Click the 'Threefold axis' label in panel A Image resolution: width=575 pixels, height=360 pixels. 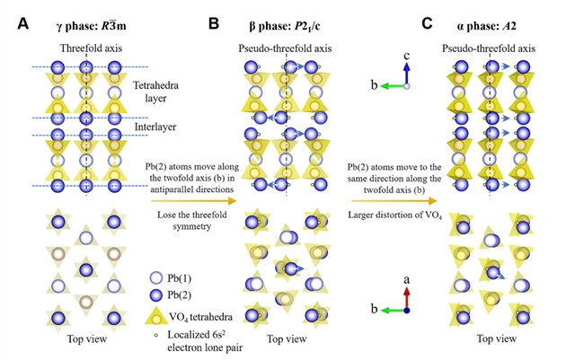click(x=87, y=47)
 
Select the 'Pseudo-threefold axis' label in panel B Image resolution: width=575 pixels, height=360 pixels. click(x=287, y=47)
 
